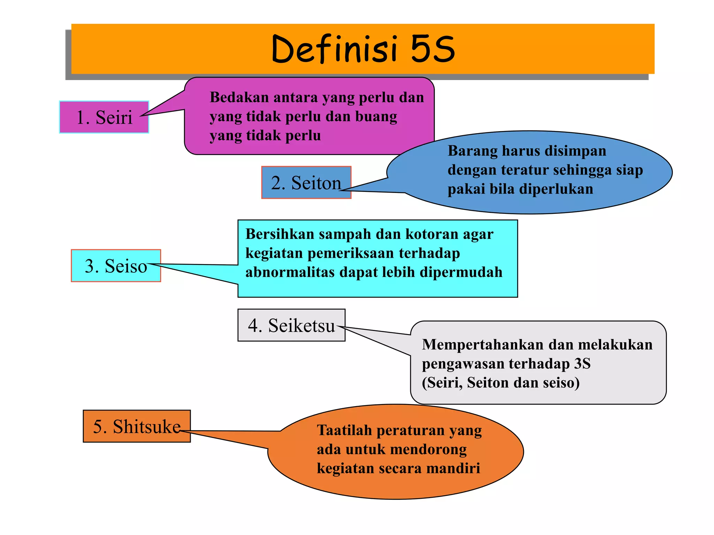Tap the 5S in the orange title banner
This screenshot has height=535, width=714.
tap(432, 49)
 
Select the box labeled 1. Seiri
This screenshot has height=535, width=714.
tap(104, 117)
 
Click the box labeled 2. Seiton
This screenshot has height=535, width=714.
tap(306, 183)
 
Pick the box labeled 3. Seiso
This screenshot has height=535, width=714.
tap(116, 266)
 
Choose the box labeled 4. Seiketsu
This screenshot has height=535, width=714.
tap(291, 325)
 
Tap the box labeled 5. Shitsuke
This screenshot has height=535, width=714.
tap(137, 426)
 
